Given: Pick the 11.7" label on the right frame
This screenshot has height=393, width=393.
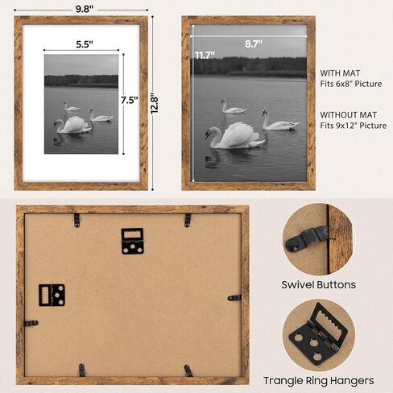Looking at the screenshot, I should [x=205, y=56].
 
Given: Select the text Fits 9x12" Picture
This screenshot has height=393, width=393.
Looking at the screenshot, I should [x=353, y=126].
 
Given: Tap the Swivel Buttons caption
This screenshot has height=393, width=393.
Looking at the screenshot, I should [x=319, y=284].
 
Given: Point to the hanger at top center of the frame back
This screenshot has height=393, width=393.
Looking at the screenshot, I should [x=132, y=240].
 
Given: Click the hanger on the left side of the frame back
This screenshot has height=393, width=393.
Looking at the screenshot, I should [x=52, y=295].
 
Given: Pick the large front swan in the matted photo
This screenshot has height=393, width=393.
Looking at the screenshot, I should [x=72, y=125].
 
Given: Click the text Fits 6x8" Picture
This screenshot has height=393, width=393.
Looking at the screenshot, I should [x=350, y=85].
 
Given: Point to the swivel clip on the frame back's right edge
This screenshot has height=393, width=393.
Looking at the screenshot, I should [x=234, y=297].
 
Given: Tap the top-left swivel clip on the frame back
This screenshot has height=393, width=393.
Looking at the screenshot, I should [x=77, y=219].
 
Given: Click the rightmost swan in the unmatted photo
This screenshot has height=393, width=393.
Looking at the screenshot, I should [x=279, y=122].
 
